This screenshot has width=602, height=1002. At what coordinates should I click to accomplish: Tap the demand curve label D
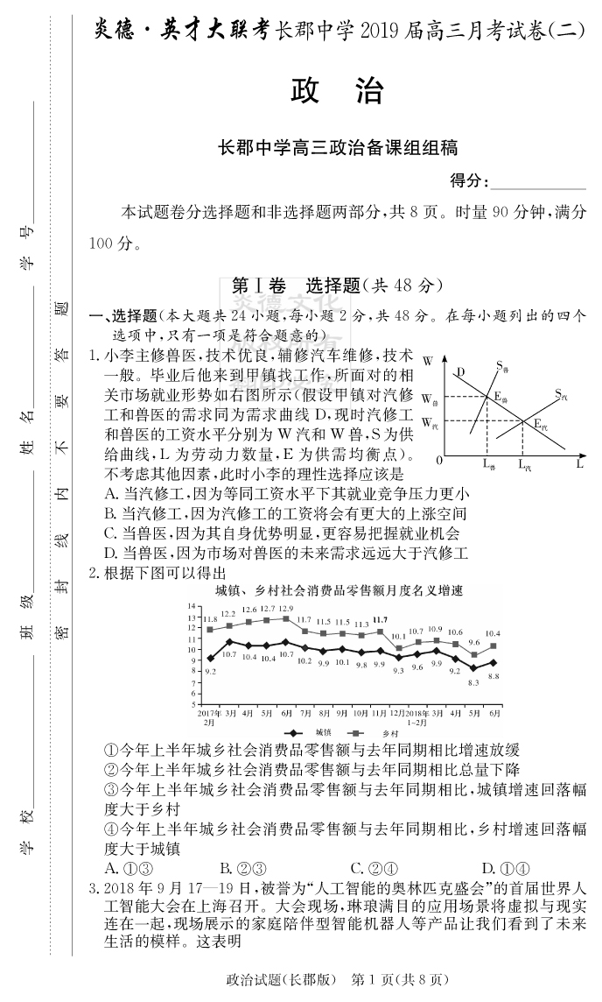pyautogui.click(x=460, y=372)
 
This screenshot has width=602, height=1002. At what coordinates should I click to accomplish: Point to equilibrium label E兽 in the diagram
pyautogui.click(x=500, y=397)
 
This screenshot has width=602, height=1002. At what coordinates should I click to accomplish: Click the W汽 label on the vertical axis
pyautogui.click(x=429, y=423)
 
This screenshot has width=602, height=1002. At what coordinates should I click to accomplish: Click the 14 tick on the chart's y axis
pyautogui.click(x=192, y=605)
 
